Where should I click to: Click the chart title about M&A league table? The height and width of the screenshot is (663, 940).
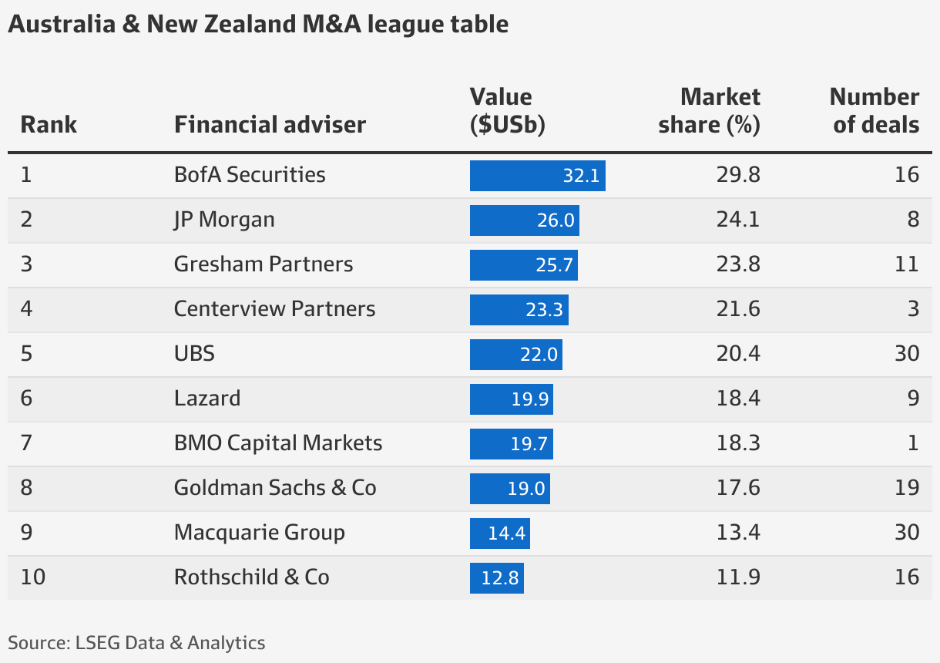(258, 25)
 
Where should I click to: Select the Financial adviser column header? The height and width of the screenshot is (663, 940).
(270, 124)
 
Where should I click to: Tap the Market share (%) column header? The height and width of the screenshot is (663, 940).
(709, 111)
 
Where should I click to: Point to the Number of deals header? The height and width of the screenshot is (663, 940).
(875, 111)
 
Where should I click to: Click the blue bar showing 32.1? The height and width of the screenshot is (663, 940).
(537, 175)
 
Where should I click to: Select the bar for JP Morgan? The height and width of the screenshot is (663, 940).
(524, 220)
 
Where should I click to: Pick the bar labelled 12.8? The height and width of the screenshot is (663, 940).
(496, 577)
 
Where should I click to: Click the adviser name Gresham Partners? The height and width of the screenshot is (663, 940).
(264, 264)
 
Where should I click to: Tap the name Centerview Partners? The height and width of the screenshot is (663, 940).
(274, 309)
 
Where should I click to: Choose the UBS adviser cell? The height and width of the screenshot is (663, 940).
(194, 354)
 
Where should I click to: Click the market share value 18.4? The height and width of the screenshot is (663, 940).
(738, 399)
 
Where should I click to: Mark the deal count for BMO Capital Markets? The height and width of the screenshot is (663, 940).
(912, 443)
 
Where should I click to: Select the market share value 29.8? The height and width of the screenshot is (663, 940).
(738, 175)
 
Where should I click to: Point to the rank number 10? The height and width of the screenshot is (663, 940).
(33, 577)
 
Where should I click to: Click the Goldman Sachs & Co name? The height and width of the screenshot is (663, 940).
(275, 488)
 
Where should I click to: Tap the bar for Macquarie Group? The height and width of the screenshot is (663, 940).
(499, 533)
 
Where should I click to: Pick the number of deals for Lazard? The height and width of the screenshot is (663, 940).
(912, 399)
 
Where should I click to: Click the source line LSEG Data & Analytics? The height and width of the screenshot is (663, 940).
(136, 643)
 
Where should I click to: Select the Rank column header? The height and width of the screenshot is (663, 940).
(49, 124)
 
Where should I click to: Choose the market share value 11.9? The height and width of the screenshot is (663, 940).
(738, 577)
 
